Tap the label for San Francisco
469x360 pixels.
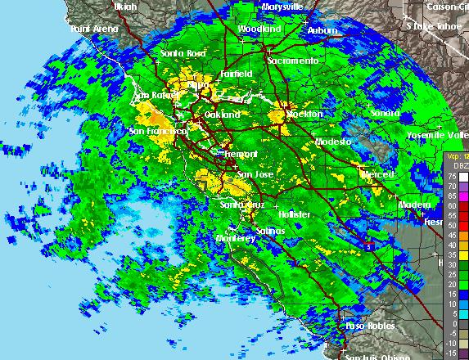pyautogui.click(x=158, y=131)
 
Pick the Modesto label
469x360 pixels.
pyautogui.click(x=333, y=142)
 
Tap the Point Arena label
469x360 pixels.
pyautogui.click(x=94, y=29)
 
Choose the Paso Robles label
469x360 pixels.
pyautogui.click(x=370, y=326)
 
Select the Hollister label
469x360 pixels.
pyautogui.click(x=293, y=214)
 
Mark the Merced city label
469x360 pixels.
pyautogui.click(x=377, y=174)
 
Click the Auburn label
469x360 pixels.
pyautogui.click(x=322, y=30)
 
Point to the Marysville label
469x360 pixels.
pyautogui.click(x=282, y=7)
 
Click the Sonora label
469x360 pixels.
pyautogui.click(x=384, y=113)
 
